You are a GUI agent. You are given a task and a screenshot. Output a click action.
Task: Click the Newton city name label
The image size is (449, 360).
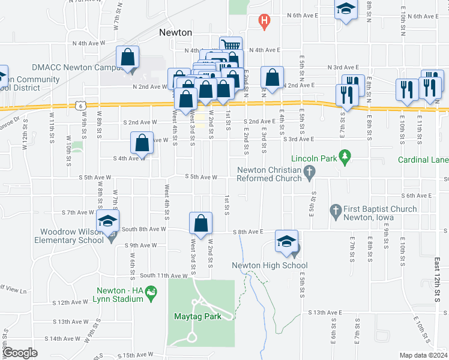tap(175, 32)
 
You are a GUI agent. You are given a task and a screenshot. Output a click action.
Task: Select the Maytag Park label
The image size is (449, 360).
tap(197, 316)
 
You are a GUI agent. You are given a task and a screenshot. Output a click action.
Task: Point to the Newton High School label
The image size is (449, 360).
tap(270, 265)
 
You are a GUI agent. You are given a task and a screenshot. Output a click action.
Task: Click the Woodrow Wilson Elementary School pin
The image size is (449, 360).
tap(108, 220)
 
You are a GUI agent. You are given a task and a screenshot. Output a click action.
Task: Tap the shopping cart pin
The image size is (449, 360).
tap(231, 46)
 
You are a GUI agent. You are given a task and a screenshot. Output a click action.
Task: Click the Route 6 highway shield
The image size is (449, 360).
tap(80, 105)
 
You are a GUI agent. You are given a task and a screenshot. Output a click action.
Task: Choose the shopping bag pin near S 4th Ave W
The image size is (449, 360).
tap(142, 143)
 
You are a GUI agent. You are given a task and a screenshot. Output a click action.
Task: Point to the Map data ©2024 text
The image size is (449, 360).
tap(423, 355)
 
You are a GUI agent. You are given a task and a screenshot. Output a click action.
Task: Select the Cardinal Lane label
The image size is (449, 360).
tap(423, 160)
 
